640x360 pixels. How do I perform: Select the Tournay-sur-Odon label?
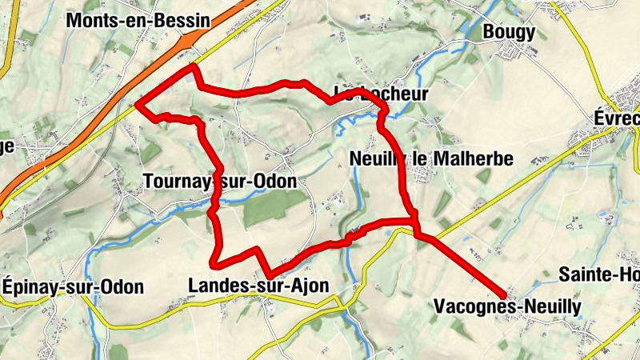(220, 182)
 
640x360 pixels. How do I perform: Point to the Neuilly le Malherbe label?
(431, 158)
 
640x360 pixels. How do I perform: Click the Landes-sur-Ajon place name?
(258, 286)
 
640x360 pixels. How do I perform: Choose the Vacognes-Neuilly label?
(506, 306)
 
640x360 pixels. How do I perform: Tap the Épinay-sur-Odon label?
(73, 287)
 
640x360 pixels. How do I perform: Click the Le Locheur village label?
(381, 94)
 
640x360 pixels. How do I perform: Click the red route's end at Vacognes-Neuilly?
(503, 293)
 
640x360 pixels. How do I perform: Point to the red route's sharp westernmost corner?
(138, 105)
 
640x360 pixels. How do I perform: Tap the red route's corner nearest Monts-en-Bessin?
(192, 68)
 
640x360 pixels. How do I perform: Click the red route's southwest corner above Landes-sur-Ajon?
(213, 262)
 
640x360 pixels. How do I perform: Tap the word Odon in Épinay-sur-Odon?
(123, 287)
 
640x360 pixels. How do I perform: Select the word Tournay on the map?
(177, 182)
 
